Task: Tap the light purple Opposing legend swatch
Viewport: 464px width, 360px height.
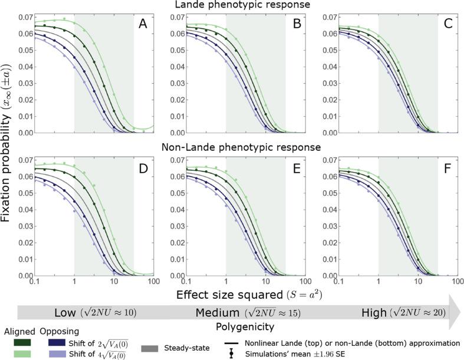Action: coord(58,354)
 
